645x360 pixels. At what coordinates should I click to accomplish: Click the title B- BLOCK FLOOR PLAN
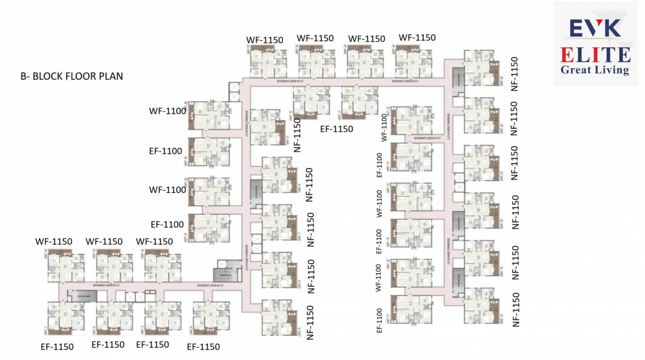click(x=71, y=76)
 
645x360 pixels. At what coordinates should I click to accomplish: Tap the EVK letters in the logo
click(x=595, y=28)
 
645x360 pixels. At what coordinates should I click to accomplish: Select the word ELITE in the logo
click(x=595, y=55)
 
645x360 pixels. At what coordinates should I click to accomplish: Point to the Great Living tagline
click(x=595, y=70)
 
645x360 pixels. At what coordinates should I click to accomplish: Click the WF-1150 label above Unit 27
click(x=264, y=40)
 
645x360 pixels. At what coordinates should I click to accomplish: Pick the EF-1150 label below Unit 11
click(x=337, y=129)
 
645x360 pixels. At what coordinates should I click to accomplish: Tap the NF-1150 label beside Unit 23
click(x=515, y=74)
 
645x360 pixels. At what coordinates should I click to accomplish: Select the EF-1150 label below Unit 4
click(x=203, y=346)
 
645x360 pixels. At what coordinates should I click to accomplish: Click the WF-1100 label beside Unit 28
click(x=168, y=111)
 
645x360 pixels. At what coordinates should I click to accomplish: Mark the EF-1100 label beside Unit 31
click(x=167, y=224)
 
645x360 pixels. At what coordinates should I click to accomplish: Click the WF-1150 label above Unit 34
click(x=54, y=241)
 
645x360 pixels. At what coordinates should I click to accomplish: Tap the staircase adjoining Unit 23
click(x=457, y=77)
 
